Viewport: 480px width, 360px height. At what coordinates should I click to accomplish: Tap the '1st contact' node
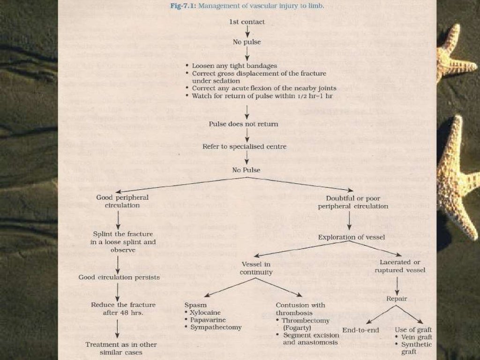pyautogui.click(x=247, y=22)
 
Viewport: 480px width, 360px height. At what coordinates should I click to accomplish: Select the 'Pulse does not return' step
pyautogui.click(x=244, y=124)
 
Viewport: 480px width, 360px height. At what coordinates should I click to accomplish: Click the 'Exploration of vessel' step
pyautogui.click(x=352, y=237)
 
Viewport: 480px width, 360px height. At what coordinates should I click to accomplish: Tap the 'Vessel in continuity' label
pyautogui.click(x=255, y=269)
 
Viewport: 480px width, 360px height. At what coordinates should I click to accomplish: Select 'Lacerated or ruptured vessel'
pyautogui.click(x=400, y=266)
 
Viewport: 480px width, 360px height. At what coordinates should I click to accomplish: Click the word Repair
pyautogui.click(x=397, y=299)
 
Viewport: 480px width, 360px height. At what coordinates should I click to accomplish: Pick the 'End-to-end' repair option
pyautogui.click(x=360, y=330)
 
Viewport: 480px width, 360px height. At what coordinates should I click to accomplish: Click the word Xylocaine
pyautogui.click(x=205, y=312)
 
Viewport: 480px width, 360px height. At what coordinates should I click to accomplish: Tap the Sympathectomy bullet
pyautogui.click(x=216, y=327)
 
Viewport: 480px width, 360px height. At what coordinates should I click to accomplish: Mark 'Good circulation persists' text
pyautogui.click(x=119, y=277)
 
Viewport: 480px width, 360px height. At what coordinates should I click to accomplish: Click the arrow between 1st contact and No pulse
pyautogui.click(x=247, y=31)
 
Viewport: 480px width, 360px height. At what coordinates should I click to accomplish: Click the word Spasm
pyautogui.click(x=195, y=305)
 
